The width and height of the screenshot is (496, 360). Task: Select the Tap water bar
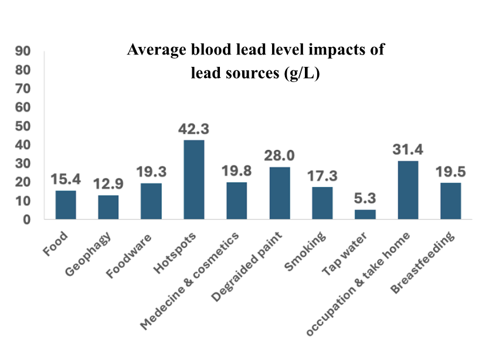point(365,214)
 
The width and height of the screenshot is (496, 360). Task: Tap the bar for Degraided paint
point(280,193)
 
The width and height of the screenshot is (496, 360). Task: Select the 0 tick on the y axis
point(26,219)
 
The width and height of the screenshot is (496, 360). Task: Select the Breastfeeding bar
point(450,201)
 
